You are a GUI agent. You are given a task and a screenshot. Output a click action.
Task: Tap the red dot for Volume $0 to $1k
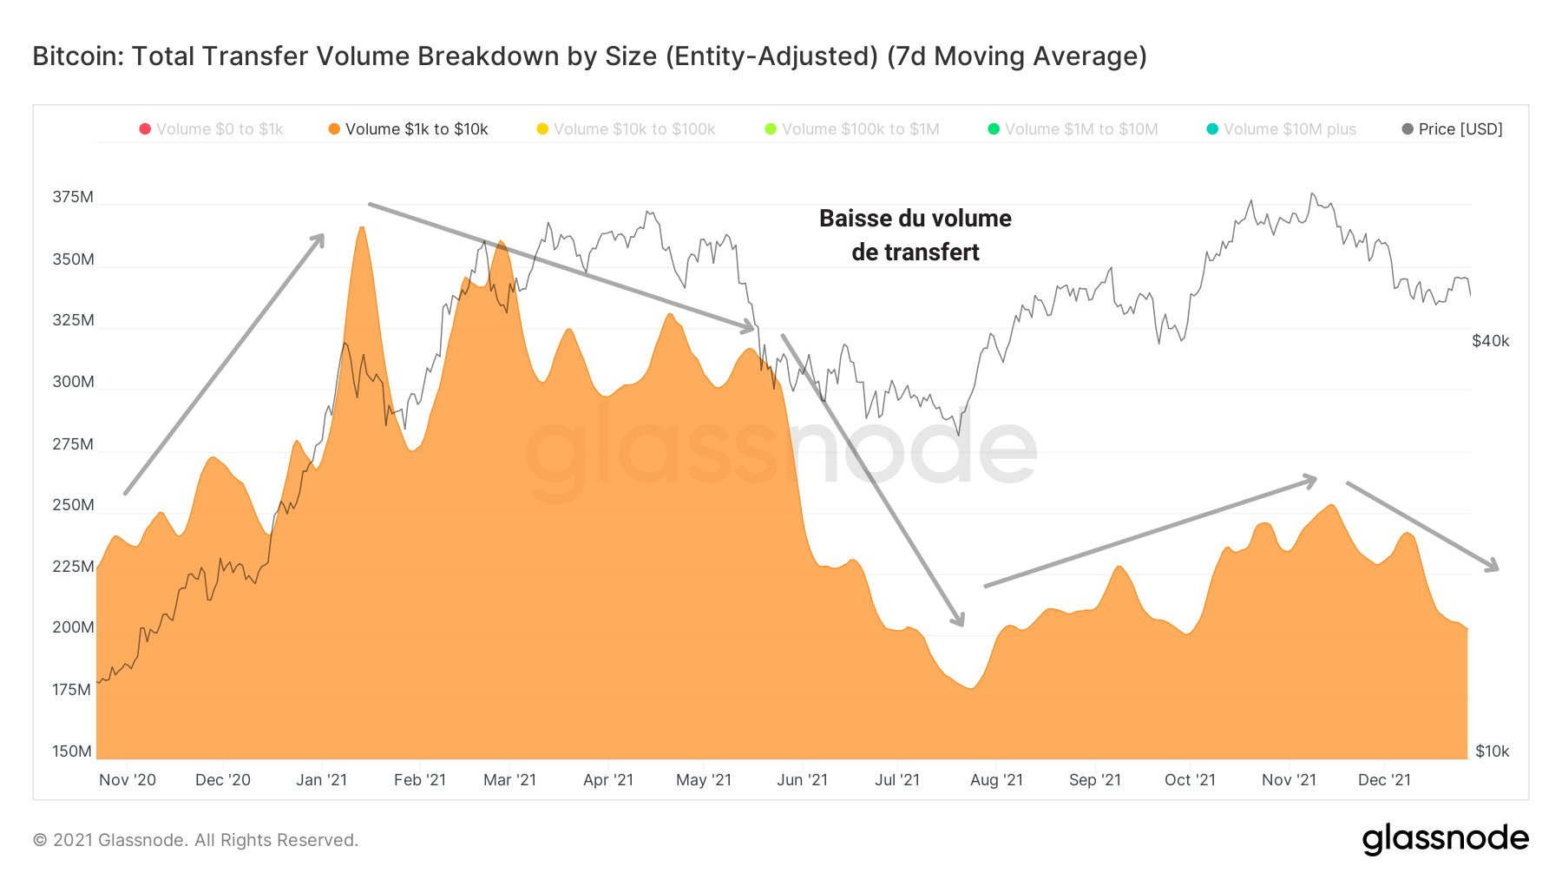(x=145, y=129)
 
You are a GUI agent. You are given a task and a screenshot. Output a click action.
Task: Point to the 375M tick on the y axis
(x=73, y=197)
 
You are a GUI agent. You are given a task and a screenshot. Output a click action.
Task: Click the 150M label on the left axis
(x=72, y=751)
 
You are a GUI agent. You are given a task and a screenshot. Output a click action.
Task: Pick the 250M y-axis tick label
(x=73, y=505)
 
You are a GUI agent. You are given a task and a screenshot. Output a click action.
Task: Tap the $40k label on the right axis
(x=1490, y=341)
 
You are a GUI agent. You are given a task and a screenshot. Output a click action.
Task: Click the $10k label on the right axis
(x=1492, y=751)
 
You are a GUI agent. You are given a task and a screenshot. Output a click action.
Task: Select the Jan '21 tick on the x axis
(x=321, y=780)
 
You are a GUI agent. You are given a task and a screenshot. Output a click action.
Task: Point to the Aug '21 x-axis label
(x=996, y=780)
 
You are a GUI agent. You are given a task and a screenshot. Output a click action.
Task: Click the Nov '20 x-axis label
(x=128, y=780)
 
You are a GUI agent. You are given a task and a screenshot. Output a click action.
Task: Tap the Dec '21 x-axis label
(x=1384, y=780)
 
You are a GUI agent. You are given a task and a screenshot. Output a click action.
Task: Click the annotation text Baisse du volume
(x=915, y=219)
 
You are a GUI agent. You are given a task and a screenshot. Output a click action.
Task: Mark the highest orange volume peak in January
(x=361, y=227)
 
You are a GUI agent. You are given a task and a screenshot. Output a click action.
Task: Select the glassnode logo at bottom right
(x=1445, y=838)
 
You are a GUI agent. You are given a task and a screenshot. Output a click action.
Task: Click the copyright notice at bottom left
(x=195, y=840)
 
